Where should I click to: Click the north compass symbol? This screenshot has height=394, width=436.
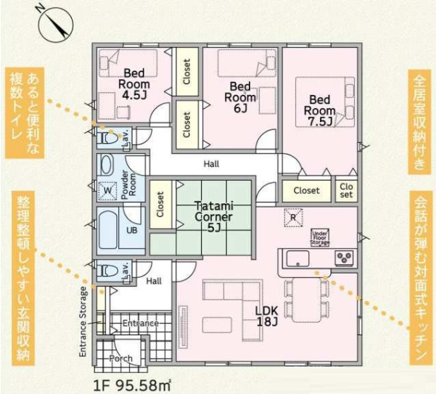pyautogui.click(x=55, y=25)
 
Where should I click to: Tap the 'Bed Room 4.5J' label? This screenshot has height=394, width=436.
pyautogui.click(x=134, y=84)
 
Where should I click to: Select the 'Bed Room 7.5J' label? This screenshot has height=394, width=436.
pyautogui.click(x=320, y=111)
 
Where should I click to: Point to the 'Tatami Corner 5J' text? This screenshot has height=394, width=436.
pyautogui.click(x=214, y=217)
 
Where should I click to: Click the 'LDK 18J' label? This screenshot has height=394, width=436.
pyautogui.click(x=267, y=316)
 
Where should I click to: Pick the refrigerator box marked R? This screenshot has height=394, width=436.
pyautogui.click(x=293, y=218)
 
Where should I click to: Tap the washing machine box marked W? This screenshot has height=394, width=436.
pyautogui.click(x=107, y=191)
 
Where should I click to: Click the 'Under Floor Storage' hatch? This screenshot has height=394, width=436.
pyautogui.click(x=320, y=238)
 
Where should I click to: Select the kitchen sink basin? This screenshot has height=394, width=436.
pyautogui.click(x=298, y=258)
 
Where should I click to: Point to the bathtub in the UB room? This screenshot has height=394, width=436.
pyautogui.click(x=107, y=230)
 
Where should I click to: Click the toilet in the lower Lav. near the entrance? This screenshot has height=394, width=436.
pyautogui.click(x=109, y=271)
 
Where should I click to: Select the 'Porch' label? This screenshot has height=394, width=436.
pyautogui.click(x=120, y=358)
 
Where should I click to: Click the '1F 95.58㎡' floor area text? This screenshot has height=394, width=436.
pyautogui.click(x=132, y=385)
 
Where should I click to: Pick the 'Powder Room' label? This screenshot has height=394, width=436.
pyautogui.click(x=128, y=185)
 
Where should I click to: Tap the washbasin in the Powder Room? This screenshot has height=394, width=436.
pyautogui.click(x=107, y=164)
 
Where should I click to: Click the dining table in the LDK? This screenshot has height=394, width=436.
pyautogui.click(x=306, y=300)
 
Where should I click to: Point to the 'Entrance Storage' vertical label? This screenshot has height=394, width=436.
pyautogui.click(x=83, y=321)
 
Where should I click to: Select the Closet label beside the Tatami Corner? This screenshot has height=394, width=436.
pyautogui.click(x=160, y=205)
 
